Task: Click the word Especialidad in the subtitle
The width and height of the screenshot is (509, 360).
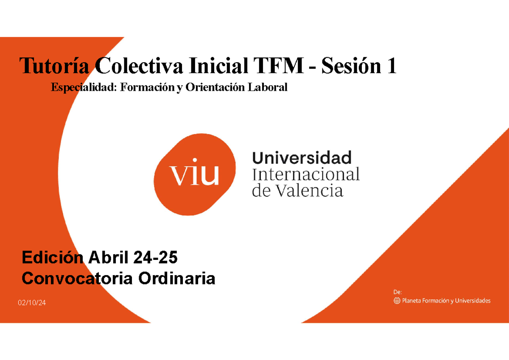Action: pyautogui.click(x=83, y=87)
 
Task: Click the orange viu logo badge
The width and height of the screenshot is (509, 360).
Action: pyautogui.click(x=195, y=174)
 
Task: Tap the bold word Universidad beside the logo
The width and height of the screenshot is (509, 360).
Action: pyautogui.click(x=302, y=158)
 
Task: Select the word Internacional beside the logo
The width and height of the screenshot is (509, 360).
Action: pyautogui.click(x=306, y=174)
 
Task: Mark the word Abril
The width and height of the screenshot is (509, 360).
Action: pyautogui.click(x=108, y=257)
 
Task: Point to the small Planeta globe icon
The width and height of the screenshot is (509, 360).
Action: pyautogui.click(x=397, y=301)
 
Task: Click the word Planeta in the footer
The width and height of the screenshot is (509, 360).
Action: pyautogui.click(x=413, y=301)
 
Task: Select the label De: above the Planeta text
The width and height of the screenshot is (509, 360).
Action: pyautogui.click(x=397, y=292)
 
